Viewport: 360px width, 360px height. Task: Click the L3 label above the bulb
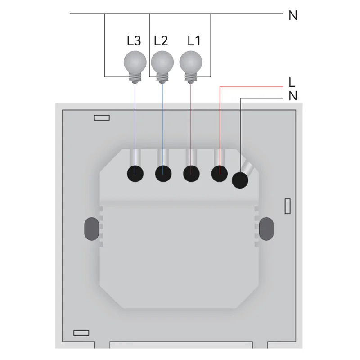134,41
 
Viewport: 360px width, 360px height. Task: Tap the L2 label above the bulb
161,41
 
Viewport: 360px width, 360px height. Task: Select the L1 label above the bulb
194,41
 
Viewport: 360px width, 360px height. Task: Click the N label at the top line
293,15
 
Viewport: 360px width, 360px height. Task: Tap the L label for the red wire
292,82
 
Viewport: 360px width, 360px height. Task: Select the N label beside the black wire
293,96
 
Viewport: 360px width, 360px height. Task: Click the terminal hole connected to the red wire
219,173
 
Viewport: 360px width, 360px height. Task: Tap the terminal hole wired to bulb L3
135,173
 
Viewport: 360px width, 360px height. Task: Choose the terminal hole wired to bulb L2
163,173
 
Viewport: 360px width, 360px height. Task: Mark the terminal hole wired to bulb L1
191,173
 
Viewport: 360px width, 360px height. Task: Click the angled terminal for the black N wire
240,180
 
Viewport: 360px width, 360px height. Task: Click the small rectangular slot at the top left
102,117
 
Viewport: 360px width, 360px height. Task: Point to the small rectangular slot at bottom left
81,333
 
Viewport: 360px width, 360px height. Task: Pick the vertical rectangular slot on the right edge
288,206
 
